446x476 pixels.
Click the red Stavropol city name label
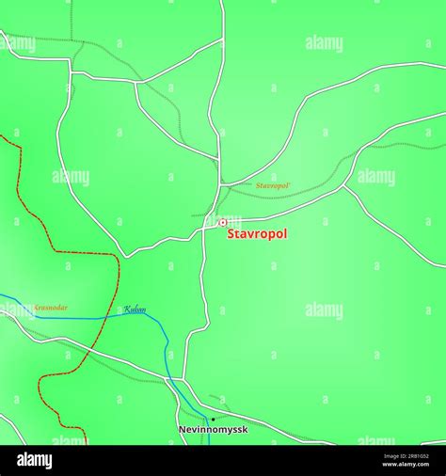point(257,233)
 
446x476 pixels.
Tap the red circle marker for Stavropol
point(223,223)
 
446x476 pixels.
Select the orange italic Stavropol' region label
point(273,186)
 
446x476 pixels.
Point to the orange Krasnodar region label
point(50,308)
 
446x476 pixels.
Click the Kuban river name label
point(135,309)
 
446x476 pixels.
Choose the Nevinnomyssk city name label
point(214,430)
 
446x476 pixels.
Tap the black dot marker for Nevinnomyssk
point(213,419)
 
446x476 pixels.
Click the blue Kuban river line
point(75,318)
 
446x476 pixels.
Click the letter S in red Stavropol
point(231,233)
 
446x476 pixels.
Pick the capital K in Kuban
point(126,309)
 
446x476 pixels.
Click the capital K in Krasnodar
point(37,308)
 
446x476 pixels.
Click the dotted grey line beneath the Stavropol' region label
point(282,197)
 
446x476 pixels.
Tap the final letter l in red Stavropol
point(285,233)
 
